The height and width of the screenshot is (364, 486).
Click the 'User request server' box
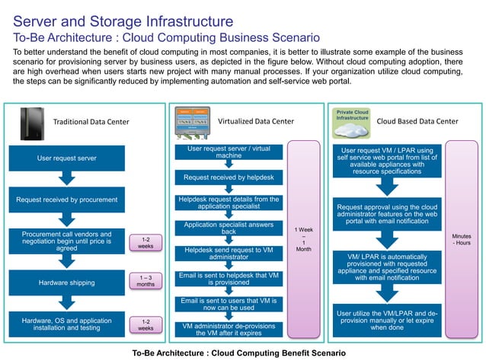66,158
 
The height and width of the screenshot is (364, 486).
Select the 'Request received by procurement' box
66,200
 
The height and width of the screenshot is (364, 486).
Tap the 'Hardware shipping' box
66,283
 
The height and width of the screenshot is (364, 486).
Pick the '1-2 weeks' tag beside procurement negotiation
145,242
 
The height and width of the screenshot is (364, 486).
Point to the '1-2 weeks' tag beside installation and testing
145,325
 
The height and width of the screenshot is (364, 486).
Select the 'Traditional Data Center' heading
91,122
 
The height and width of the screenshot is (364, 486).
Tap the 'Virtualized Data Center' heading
255,121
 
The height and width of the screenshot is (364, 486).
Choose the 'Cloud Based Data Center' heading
417,121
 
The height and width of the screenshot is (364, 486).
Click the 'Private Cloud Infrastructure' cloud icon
352,122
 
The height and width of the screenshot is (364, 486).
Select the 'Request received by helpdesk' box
229,178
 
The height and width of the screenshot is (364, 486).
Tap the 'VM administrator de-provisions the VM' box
229,329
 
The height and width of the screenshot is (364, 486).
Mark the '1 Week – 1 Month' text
302,238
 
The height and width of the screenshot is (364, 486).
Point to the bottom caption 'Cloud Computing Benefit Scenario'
238,354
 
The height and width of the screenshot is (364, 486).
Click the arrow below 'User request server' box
66,179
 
